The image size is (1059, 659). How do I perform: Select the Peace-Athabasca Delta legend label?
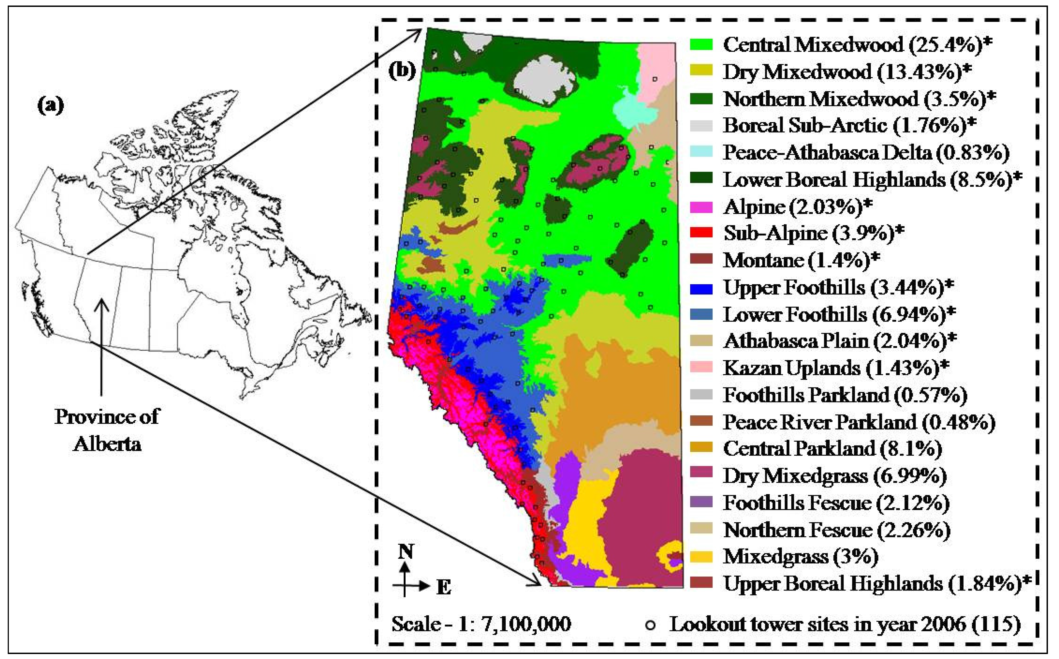point(866,152)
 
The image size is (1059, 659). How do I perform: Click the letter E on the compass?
point(444,587)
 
